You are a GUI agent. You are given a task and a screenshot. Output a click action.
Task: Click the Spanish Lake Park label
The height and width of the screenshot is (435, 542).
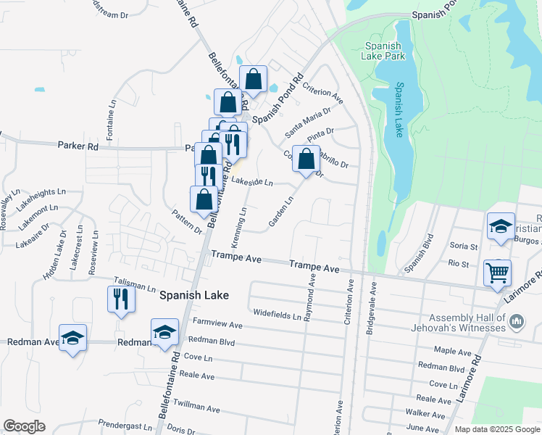pos(384,50)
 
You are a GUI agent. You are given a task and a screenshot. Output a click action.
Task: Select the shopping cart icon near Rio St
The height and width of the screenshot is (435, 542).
pos(498,273)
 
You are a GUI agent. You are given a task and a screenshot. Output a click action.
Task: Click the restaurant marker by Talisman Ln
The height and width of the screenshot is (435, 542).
pos(121,298)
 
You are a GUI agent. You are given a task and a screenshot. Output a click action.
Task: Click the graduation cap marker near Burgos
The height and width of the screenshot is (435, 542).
pos(501,226)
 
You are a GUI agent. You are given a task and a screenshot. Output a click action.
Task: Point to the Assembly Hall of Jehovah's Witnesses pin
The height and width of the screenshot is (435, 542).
pos(517,320)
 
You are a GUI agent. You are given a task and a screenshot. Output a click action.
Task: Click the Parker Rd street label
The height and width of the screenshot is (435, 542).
pos(78,146)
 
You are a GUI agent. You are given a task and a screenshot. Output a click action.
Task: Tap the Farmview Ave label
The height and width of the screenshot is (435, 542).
pos(217,324)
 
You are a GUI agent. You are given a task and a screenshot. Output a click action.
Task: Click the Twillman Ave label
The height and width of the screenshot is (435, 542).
pos(196,409)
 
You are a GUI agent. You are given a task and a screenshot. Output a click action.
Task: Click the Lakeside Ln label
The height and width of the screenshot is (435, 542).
pos(252,182)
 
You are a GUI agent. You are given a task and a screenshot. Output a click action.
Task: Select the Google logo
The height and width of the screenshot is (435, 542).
pos(24,426)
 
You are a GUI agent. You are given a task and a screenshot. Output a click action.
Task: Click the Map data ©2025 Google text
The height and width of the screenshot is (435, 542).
pos(496,429)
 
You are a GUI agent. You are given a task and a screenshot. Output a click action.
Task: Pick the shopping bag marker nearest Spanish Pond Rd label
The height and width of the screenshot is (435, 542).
pos(254,79)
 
